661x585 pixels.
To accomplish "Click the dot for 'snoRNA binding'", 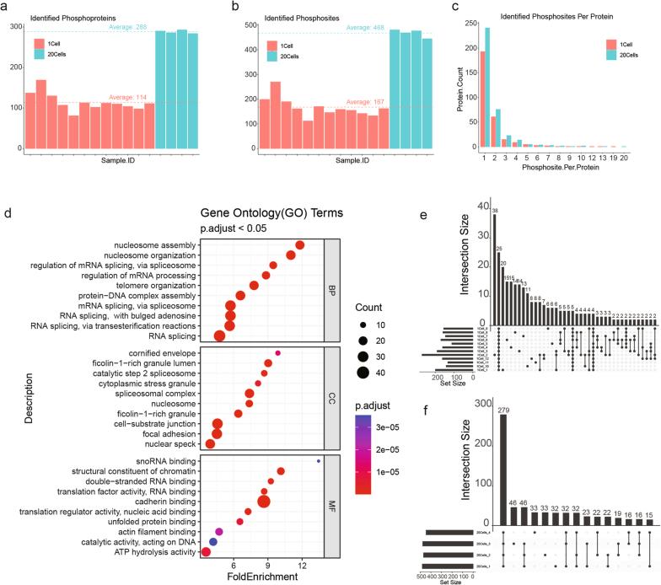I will tap(318, 460).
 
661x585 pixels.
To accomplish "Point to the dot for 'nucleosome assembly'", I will tap(300, 245).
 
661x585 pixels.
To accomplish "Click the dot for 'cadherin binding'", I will tap(264, 502).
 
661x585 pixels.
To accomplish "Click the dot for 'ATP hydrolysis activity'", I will tap(205, 551).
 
